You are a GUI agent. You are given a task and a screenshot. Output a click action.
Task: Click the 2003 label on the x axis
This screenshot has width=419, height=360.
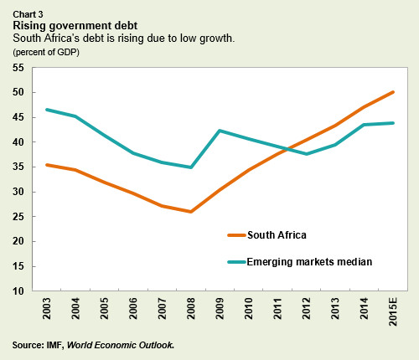(x=47, y=311)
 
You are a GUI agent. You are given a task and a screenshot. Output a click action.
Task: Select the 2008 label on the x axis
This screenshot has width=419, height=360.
(x=191, y=311)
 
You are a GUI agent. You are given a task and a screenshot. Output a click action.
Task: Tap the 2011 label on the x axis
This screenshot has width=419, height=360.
(x=277, y=311)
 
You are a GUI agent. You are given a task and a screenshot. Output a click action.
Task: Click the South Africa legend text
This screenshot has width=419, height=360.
(x=297, y=234)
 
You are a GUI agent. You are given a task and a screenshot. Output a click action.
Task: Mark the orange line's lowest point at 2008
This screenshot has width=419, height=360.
(x=191, y=212)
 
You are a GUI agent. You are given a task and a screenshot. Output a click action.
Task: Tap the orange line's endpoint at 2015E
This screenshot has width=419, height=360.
(x=393, y=92)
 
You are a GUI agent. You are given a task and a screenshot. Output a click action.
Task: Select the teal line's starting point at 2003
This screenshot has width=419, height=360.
(x=47, y=110)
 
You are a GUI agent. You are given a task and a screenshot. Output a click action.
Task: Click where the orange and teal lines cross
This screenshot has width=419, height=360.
(x=285, y=149)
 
